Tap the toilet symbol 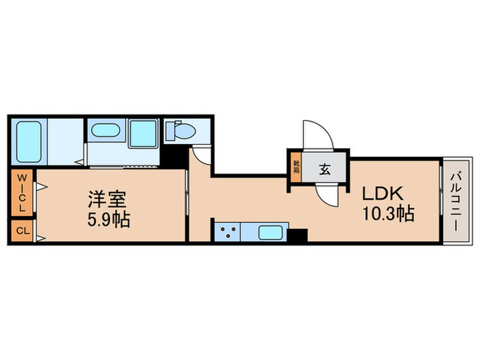(180, 130)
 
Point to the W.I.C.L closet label (21, 193)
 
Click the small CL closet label (21, 232)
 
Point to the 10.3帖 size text (388, 215)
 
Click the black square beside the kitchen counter (297, 235)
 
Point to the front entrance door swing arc (317, 134)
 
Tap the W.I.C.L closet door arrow (40, 187)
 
